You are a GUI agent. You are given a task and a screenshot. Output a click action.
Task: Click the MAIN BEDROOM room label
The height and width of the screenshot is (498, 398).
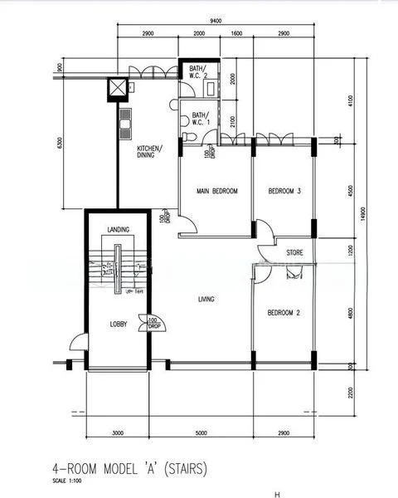[216, 191]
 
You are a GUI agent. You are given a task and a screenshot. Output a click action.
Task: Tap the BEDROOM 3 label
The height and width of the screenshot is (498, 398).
[284, 191]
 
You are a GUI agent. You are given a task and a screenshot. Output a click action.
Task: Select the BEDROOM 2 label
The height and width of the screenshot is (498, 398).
[283, 313]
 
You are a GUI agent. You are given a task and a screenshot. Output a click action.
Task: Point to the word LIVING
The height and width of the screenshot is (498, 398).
[207, 299]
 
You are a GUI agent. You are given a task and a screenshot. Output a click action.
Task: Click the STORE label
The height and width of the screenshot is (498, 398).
[294, 251]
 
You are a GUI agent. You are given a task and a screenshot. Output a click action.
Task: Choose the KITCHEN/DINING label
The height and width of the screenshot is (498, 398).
[149, 152]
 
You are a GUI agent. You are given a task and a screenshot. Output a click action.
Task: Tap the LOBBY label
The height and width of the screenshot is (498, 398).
[119, 325]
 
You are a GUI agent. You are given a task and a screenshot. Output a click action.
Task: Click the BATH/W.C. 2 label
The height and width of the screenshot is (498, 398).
[198, 73]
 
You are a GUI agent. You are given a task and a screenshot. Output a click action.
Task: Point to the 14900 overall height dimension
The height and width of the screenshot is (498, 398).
[362, 213]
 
